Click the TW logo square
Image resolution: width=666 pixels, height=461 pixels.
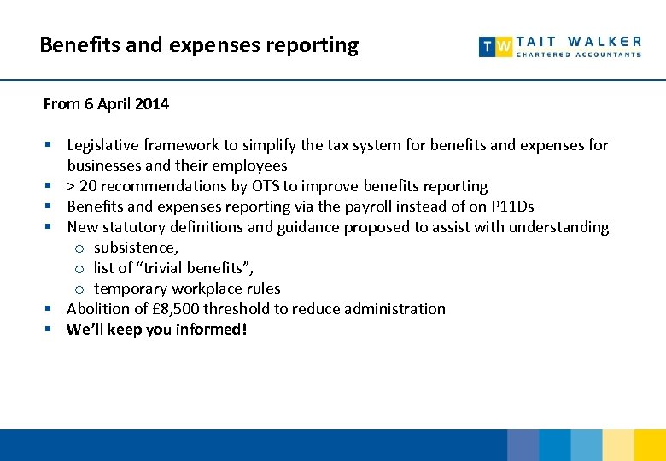[x=496, y=47]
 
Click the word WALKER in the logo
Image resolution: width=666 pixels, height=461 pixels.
[x=605, y=41]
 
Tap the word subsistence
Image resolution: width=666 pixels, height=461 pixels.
[x=136, y=248]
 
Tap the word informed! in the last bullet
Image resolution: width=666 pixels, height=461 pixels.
[x=211, y=330]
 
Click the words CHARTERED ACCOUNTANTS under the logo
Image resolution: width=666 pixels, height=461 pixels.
[x=579, y=55]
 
